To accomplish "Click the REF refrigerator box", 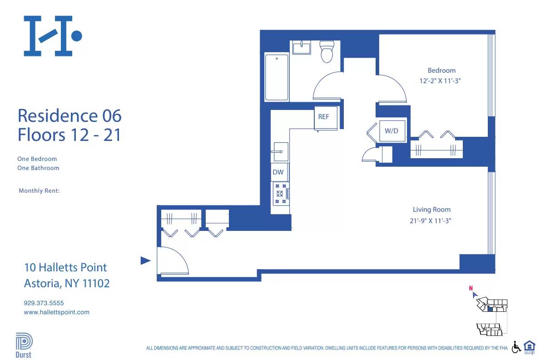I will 323,117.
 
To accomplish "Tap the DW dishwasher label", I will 278,172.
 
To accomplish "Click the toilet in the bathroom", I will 327,51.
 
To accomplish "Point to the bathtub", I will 277,77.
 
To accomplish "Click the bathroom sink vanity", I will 301,47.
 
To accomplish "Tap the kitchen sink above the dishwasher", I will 280,151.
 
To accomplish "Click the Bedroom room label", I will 441,70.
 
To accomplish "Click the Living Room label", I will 431,210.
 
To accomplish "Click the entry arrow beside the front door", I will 145,260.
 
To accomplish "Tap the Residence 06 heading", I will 69,115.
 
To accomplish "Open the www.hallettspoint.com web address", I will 56,312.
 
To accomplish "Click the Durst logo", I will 23,346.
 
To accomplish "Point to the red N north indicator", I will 471,288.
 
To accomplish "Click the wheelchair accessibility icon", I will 516,347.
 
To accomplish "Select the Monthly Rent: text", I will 39,191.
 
